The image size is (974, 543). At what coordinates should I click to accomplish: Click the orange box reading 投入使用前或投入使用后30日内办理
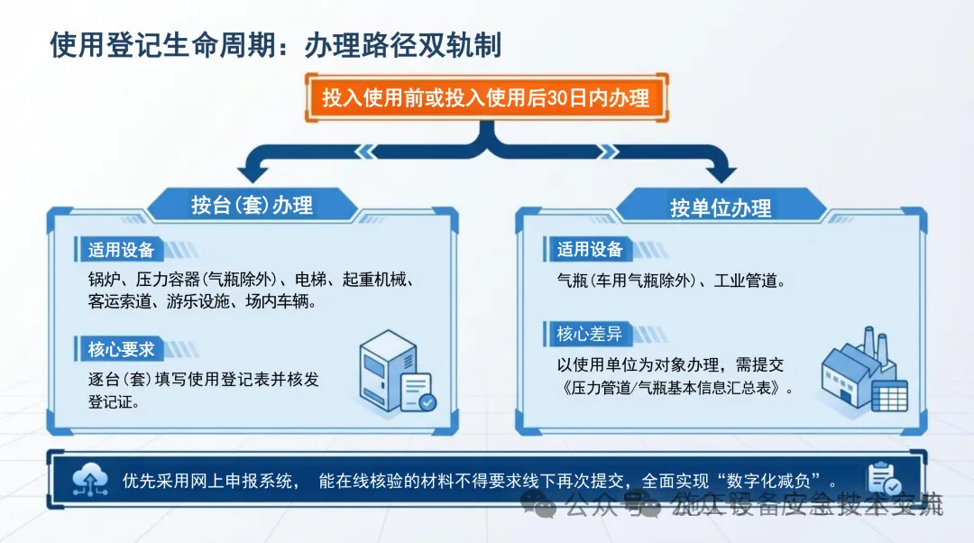tap(486, 97)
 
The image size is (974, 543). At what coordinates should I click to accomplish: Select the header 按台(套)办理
tap(252, 205)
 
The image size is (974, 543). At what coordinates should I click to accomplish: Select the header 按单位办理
tap(721, 207)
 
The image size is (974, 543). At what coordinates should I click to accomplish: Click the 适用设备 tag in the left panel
tap(121, 250)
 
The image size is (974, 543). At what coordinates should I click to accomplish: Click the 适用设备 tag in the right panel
tap(590, 250)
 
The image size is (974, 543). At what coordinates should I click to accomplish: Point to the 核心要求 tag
tap(121, 349)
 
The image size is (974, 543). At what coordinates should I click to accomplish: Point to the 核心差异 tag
tap(590, 335)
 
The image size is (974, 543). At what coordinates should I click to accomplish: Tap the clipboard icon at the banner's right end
tap(881, 480)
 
